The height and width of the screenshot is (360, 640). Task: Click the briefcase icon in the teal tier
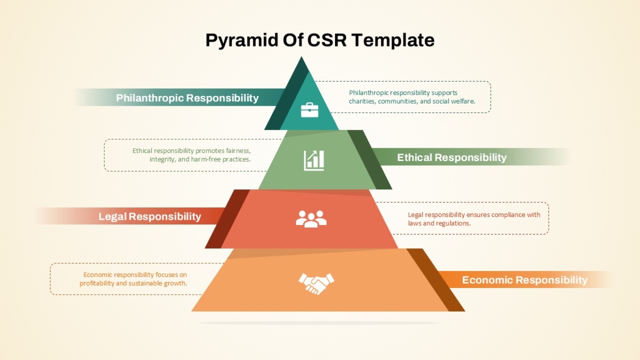[309, 110]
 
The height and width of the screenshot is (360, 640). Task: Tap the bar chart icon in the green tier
[314, 161]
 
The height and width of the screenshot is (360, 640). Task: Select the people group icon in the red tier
[311, 219]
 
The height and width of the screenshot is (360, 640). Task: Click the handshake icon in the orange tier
[316, 284]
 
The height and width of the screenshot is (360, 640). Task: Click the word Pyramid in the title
[242, 41]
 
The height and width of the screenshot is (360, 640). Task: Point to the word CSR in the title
[327, 40]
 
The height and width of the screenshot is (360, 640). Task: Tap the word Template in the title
[393, 41]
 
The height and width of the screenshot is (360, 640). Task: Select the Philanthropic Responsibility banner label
[187, 98]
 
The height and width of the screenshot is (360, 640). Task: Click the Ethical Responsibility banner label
[452, 157]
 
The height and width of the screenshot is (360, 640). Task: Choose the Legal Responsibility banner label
[150, 217]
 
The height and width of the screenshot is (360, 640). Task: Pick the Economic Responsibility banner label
[525, 280]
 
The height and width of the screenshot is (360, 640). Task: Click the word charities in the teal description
[362, 101]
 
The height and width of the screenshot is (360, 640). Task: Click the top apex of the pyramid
[301, 57]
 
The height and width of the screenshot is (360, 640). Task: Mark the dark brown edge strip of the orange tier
[436, 280]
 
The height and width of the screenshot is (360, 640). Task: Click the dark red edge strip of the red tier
[227, 219]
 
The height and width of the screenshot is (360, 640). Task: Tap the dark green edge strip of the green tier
[370, 159]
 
